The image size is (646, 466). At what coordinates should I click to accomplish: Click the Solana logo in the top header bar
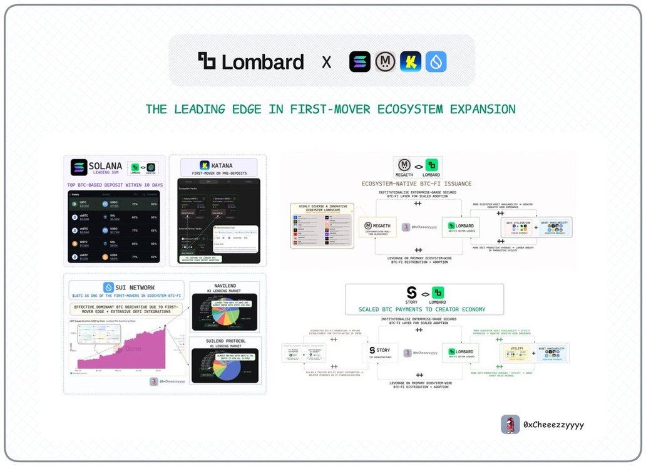[360, 62]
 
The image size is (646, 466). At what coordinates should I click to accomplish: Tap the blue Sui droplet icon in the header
[436, 62]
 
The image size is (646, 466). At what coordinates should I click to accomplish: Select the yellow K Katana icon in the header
[411, 62]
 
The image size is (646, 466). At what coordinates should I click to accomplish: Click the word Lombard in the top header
[262, 62]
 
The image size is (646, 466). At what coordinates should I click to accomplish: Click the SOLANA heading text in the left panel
[106, 166]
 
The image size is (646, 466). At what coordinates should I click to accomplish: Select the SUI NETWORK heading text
[135, 287]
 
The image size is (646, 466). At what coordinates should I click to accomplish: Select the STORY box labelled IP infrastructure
[379, 352]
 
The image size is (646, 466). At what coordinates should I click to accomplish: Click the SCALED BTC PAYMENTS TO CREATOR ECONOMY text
[422, 309]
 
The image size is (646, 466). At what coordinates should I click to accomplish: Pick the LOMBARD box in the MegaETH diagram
[461, 226]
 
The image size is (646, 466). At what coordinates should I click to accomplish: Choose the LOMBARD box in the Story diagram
[461, 352]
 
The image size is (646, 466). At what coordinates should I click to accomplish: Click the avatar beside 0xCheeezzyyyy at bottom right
[510, 425]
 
